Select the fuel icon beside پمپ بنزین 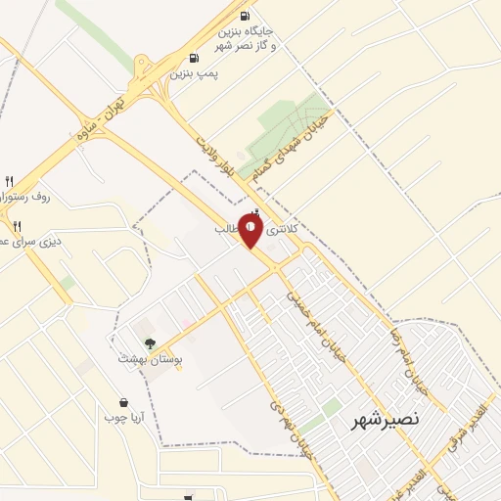[194, 58]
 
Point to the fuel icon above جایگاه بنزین [244, 15]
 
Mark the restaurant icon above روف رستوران [10, 180]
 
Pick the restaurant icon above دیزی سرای [17, 226]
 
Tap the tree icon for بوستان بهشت [149, 342]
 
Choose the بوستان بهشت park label [146, 359]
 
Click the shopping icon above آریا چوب [123, 401]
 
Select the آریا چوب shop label [124, 418]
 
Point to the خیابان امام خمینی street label [313, 323]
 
